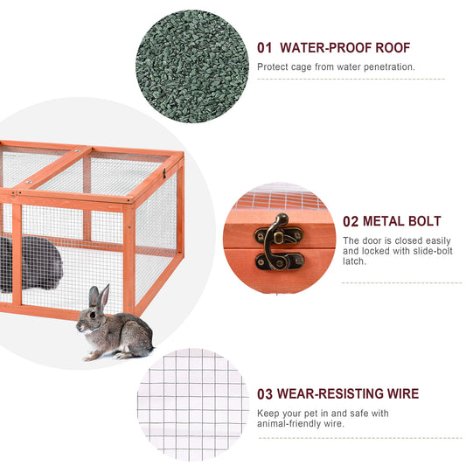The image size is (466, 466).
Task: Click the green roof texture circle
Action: tap(191, 66)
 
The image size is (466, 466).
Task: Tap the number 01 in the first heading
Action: tap(265, 48)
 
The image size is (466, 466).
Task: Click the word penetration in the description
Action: tap(386, 66)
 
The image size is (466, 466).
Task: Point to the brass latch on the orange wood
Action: tap(279, 242)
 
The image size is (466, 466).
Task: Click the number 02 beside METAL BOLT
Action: tap(351, 222)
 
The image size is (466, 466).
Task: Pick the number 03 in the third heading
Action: tap(265, 394)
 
